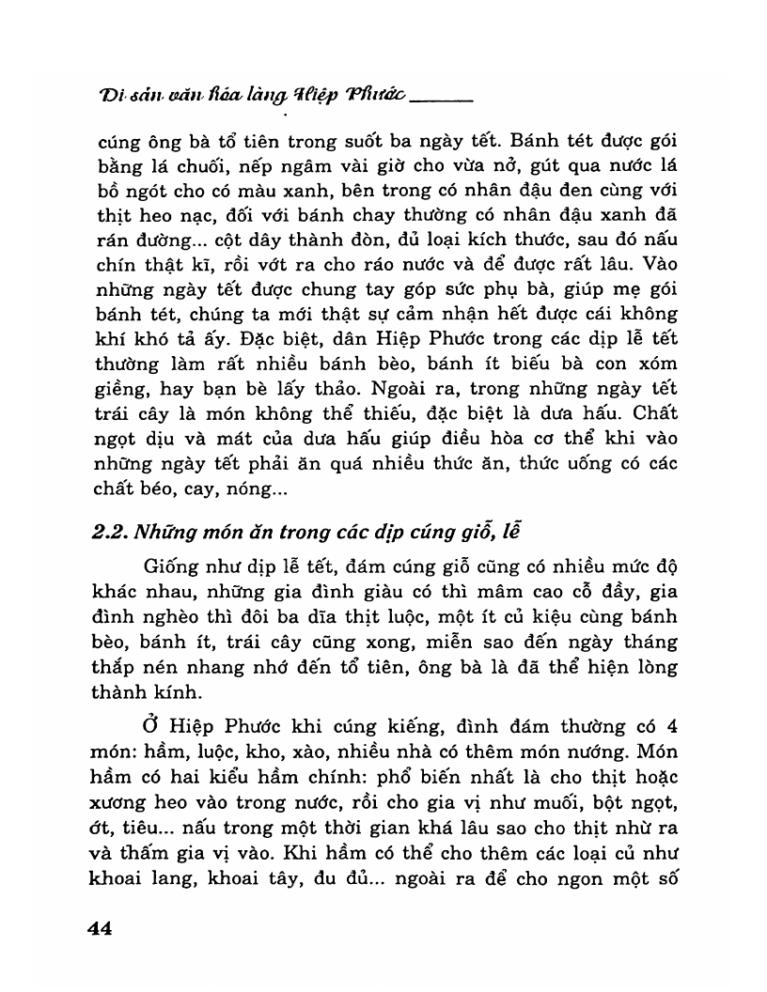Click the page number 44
(x=100, y=928)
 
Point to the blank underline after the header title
(x=441, y=98)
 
